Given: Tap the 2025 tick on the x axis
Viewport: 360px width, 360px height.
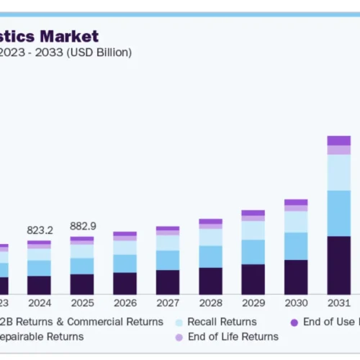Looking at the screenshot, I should pos(81,303).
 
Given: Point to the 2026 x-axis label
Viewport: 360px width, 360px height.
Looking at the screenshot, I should pos(125,303).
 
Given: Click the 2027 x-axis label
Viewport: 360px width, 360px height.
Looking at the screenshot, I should pos(167,303).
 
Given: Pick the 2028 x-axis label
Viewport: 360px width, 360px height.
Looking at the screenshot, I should pos(210,303).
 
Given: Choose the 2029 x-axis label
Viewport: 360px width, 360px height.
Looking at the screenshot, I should pos(253,303).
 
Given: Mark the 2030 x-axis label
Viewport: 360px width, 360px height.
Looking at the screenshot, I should pos(296,303).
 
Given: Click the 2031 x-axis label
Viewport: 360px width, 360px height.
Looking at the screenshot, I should pos(338,303).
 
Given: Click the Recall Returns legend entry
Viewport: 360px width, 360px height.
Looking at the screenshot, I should pos(222,322).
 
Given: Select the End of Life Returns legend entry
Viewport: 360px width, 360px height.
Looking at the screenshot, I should pos(233,336).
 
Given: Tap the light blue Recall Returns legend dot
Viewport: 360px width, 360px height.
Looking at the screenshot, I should pos(178,322).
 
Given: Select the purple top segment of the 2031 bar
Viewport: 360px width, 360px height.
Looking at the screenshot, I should pos(338,140).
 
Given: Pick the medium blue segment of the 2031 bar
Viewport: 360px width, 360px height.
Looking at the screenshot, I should pos(338,213).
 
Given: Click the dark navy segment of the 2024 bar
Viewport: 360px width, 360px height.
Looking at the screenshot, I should pos(39,285).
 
